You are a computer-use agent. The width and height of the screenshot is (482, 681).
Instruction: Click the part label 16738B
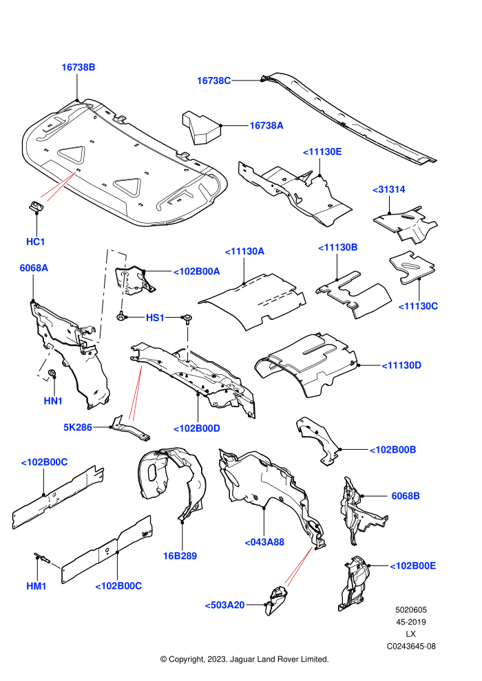[x=78, y=67]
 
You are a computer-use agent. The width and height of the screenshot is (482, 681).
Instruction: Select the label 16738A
[x=266, y=125]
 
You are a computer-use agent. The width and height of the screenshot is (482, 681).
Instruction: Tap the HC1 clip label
[x=36, y=241]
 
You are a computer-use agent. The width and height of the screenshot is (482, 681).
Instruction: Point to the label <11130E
[x=322, y=151]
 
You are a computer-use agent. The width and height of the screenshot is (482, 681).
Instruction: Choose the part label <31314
[x=389, y=189]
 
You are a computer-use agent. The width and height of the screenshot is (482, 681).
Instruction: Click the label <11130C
[x=418, y=306]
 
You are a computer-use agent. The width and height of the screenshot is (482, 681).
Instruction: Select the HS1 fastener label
[x=155, y=318]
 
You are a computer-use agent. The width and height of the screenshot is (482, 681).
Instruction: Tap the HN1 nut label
[x=53, y=401]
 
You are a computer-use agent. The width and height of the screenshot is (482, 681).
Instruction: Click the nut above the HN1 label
[x=52, y=373]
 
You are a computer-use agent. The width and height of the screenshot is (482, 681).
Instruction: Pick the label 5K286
[x=78, y=427]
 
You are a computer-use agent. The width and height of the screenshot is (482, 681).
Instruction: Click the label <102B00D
[x=197, y=429]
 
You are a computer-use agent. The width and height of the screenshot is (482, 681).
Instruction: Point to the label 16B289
[x=180, y=556]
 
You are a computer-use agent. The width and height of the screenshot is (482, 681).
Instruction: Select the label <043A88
[x=264, y=542]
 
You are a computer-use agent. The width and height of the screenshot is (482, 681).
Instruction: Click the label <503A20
[x=224, y=605]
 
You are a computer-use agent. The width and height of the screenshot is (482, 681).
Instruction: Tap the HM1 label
[x=36, y=586]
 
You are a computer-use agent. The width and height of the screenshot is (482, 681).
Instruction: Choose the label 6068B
[x=406, y=496]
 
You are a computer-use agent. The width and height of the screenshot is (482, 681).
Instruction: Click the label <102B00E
[x=413, y=566]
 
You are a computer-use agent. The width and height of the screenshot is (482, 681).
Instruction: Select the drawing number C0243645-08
[x=411, y=646]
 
